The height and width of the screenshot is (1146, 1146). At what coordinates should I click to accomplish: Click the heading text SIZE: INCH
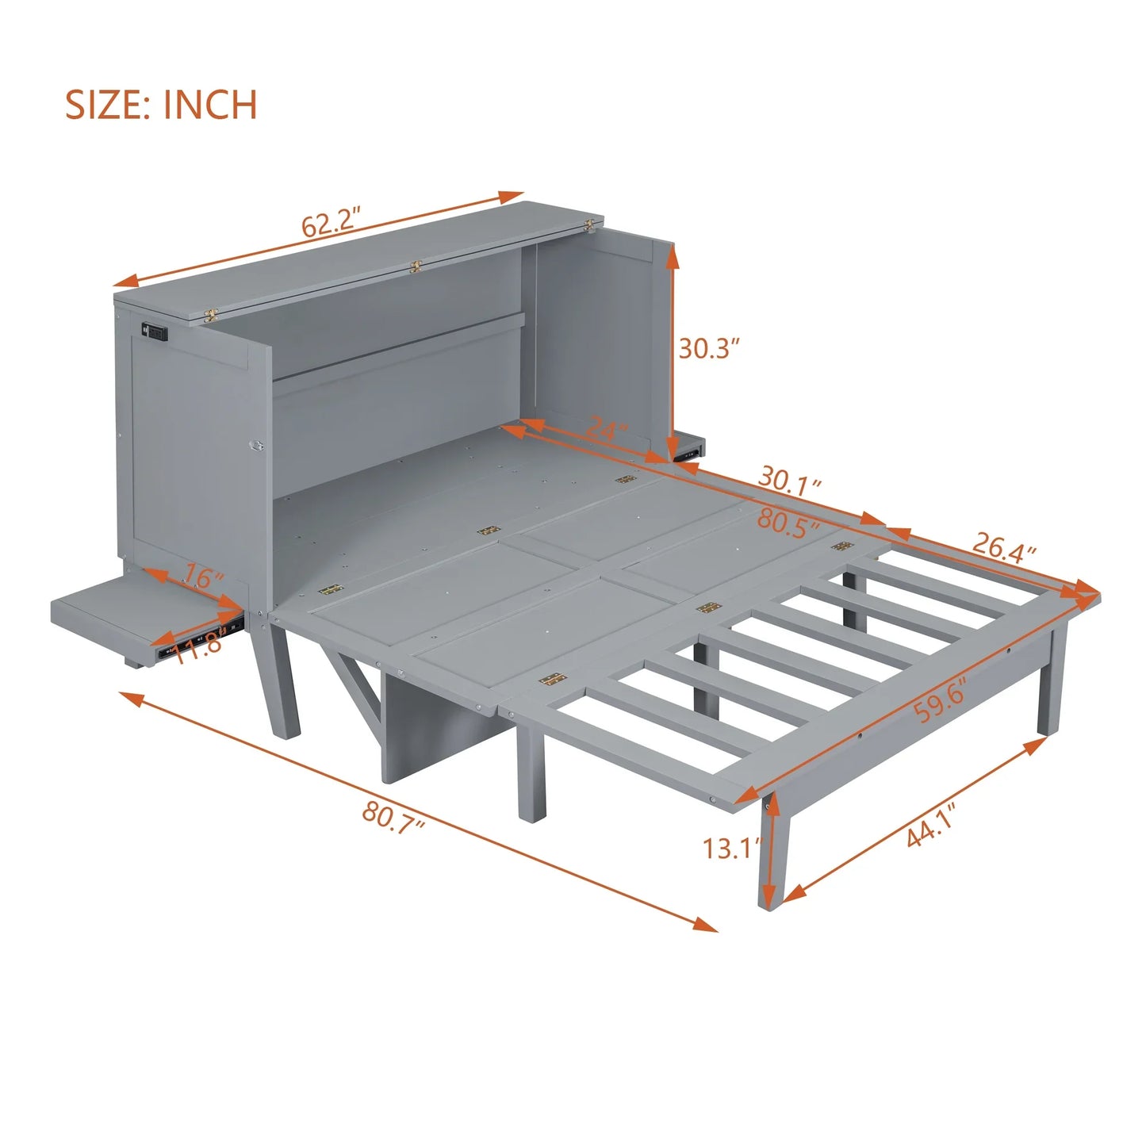(161, 105)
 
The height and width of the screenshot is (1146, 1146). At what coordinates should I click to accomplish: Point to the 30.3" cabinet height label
(709, 347)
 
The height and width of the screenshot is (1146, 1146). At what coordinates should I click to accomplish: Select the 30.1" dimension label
(789, 481)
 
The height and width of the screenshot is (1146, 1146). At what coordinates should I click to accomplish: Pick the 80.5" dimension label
(788, 523)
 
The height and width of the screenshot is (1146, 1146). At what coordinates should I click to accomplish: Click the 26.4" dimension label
(1004, 546)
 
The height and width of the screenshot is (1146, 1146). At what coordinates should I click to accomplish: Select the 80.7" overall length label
(394, 814)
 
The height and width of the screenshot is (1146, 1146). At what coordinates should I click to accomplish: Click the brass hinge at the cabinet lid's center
(413, 268)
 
